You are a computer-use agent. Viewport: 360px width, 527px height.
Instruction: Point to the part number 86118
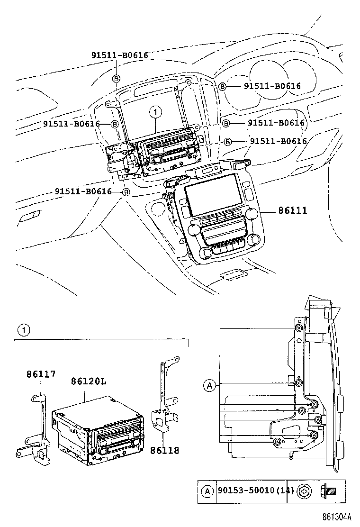point(164,450)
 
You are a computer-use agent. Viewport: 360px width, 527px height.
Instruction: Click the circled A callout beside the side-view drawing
point(209,385)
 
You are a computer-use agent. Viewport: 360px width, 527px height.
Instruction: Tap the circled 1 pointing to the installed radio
point(154,112)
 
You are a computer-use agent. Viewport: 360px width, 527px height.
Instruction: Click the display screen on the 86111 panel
point(211,194)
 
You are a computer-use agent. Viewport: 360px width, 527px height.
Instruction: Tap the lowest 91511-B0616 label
point(83,191)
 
